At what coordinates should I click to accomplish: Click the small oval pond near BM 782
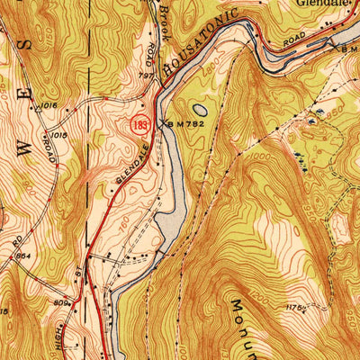[200, 108]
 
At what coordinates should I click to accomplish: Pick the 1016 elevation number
[48, 106]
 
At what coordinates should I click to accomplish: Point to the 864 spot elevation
[24, 256]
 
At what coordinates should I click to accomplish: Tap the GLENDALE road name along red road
[130, 170]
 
